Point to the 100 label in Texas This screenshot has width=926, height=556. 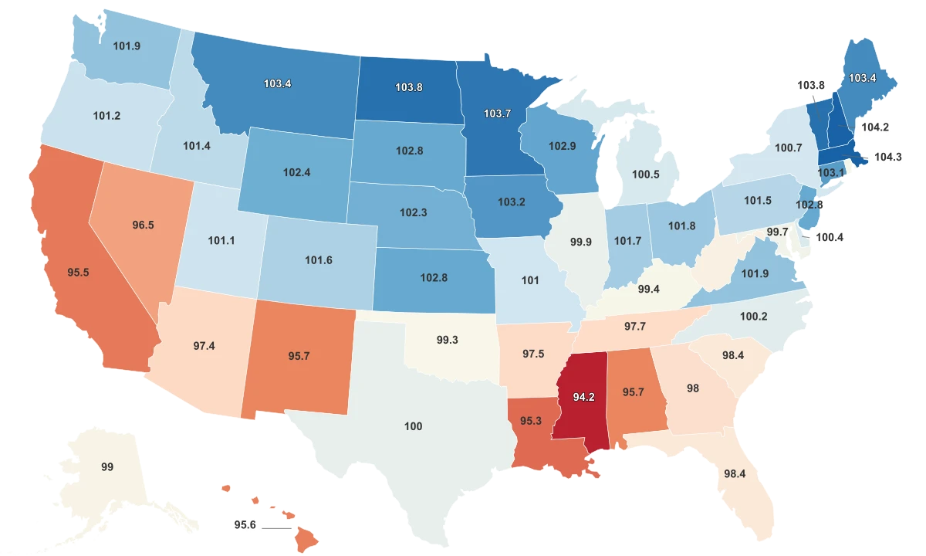(x=414, y=426)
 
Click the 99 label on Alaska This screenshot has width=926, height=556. (x=108, y=467)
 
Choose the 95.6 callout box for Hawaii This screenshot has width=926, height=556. (x=245, y=524)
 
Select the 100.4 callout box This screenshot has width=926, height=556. (x=830, y=237)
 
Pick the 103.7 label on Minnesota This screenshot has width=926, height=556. (x=497, y=114)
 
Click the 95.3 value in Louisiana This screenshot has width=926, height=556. (x=531, y=421)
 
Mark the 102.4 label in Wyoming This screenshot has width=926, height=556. (x=296, y=172)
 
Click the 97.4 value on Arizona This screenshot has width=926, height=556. (x=204, y=345)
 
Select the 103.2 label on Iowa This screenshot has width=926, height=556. (x=511, y=202)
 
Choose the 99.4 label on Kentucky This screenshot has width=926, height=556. (x=648, y=290)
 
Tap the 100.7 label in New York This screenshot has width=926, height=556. (x=789, y=147)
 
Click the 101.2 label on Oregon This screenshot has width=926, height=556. (x=106, y=117)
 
